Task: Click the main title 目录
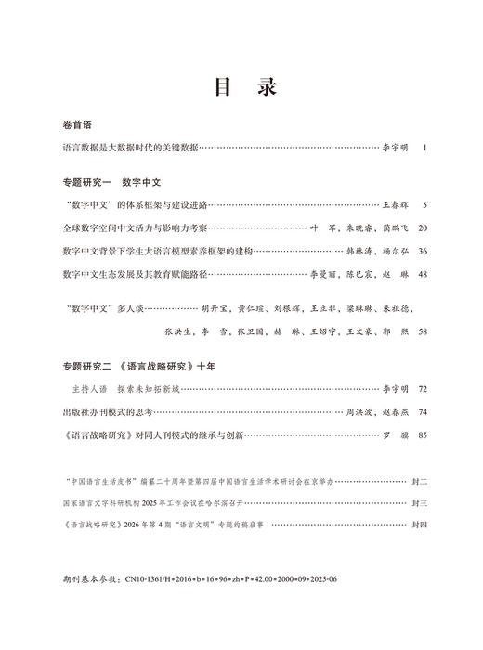click(242, 88)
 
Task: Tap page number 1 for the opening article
click(424, 147)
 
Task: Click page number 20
click(423, 227)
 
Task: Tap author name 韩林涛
click(360, 251)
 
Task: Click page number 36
click(423, 251)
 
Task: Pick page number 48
click(423, 274)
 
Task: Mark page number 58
click(423, 331)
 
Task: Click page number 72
click(423, 389)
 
